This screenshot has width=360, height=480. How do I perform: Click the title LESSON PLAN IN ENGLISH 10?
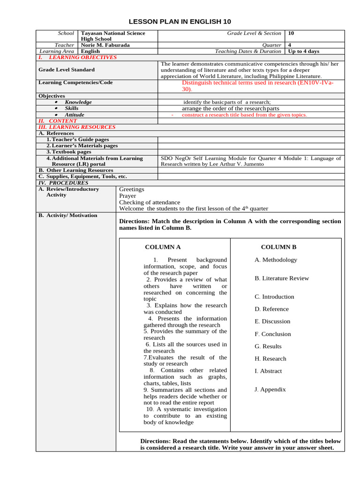(180, 22)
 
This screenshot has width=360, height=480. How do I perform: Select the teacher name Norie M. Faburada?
(105, 45)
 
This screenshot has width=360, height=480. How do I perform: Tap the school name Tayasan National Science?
(113, 33)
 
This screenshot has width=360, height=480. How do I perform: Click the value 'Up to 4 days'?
(304, 52)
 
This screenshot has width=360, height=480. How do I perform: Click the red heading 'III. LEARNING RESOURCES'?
(77, 127)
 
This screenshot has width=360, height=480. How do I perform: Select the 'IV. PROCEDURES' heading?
(63, 183)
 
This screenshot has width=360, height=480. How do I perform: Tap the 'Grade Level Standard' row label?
(66, 70)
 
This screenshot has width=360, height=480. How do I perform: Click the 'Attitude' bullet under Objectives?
(75, 115)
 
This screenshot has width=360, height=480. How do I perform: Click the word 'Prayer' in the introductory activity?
(127, 196)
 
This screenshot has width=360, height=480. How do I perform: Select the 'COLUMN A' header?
(163, 247)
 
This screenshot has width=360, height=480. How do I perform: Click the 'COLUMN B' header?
(278, 247)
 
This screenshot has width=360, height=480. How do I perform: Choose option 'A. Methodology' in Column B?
(276, 260)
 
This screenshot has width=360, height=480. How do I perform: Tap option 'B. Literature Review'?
(282, 278)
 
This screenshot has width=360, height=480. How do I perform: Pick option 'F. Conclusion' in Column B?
(273, 334)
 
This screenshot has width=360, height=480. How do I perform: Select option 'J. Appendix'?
(270, 390)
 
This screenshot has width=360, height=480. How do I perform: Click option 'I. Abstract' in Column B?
(268, 371)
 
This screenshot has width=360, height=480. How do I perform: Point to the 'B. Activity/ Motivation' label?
(68, 216)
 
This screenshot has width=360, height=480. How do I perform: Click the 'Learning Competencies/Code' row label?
(75, 82)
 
